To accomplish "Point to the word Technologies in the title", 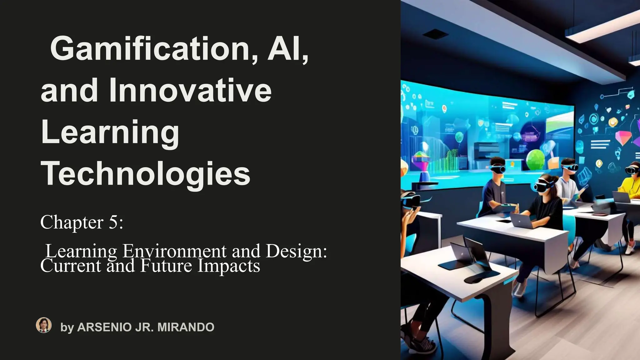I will coord(146,174).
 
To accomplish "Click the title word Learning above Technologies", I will coord(110,132).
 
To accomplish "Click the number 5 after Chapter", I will coord(113,222).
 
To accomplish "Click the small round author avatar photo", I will coord(44,325).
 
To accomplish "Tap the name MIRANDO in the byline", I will coord(186,327).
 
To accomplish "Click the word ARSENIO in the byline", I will coord(104,327).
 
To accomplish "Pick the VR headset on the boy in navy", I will coord(497,169).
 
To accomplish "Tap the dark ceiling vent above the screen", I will coord(435,34).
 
